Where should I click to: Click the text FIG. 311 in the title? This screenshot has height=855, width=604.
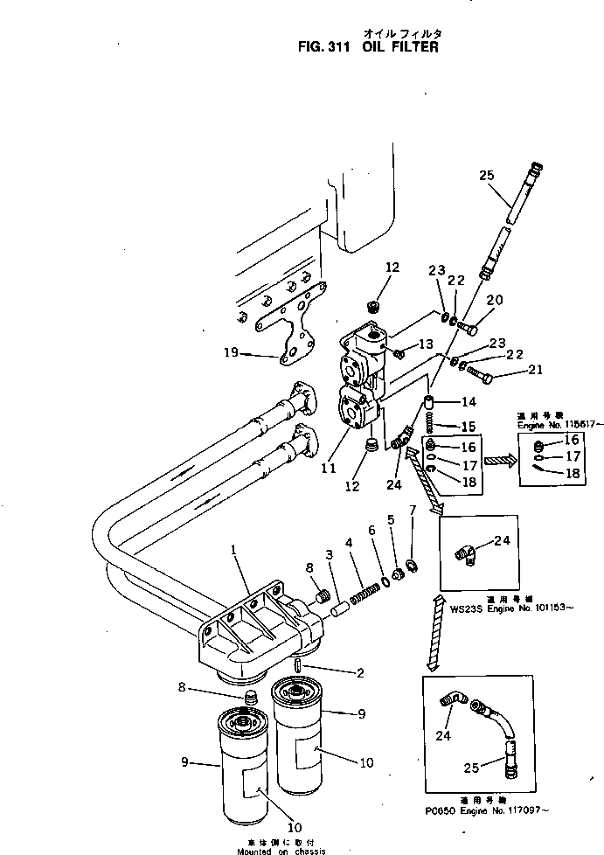pos(324,47)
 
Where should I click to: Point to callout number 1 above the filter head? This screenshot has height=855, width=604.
pos(233,550)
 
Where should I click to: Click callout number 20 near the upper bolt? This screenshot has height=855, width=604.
pos(494,300)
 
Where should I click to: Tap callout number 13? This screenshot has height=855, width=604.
pos(426,344)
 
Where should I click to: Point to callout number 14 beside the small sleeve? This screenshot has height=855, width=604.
pos(469,401)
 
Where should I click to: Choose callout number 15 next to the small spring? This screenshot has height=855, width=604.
pos(469,426)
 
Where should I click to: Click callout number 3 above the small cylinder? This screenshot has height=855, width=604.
pos(329,555)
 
